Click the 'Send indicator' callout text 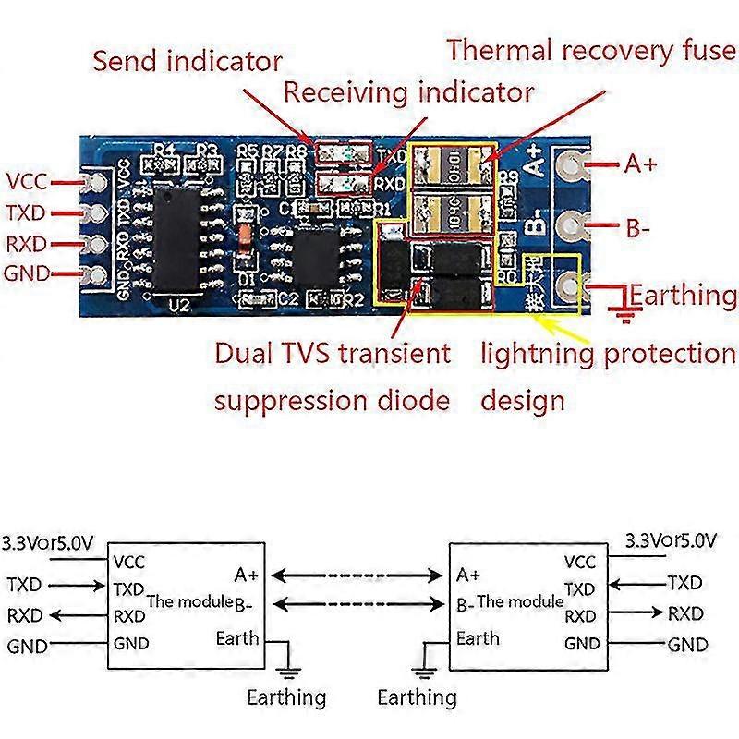tap(188, 62)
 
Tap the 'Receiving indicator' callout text tap(408, 92)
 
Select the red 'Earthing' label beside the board tap(684, 296)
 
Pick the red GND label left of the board tap(27, 273)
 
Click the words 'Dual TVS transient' tap(333, 353)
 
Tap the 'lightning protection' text tap(608, 353)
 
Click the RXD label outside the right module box tap(684, 613)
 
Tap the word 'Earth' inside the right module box tap(478, 637)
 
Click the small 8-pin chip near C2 tap(318, 252)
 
